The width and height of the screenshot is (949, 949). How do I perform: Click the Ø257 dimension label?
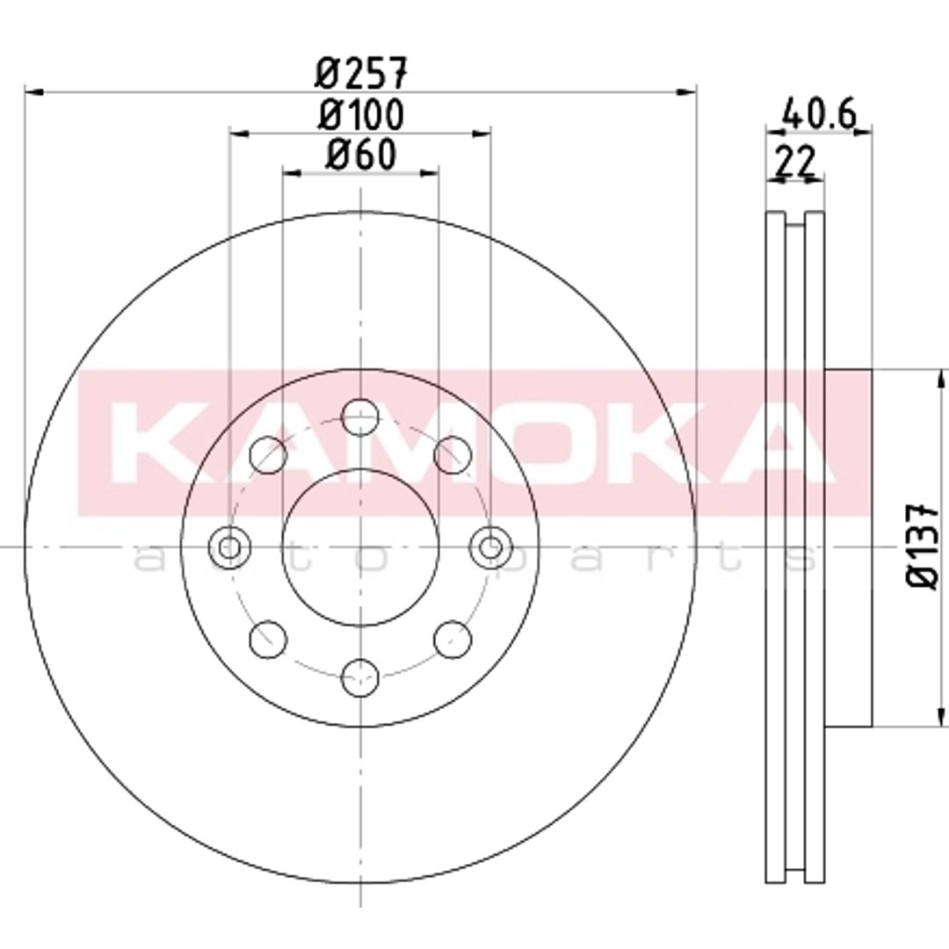[362, 72]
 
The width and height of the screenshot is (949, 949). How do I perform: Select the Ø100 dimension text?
[361, 114]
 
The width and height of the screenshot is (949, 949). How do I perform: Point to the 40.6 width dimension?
[820, 113]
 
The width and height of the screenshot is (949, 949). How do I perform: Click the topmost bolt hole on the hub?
[360, 417]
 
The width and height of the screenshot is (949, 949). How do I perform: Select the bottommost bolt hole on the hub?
[360, 677]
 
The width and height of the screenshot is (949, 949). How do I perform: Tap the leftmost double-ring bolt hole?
[229, 547]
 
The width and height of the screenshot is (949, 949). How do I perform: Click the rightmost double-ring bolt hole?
[491, 547]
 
